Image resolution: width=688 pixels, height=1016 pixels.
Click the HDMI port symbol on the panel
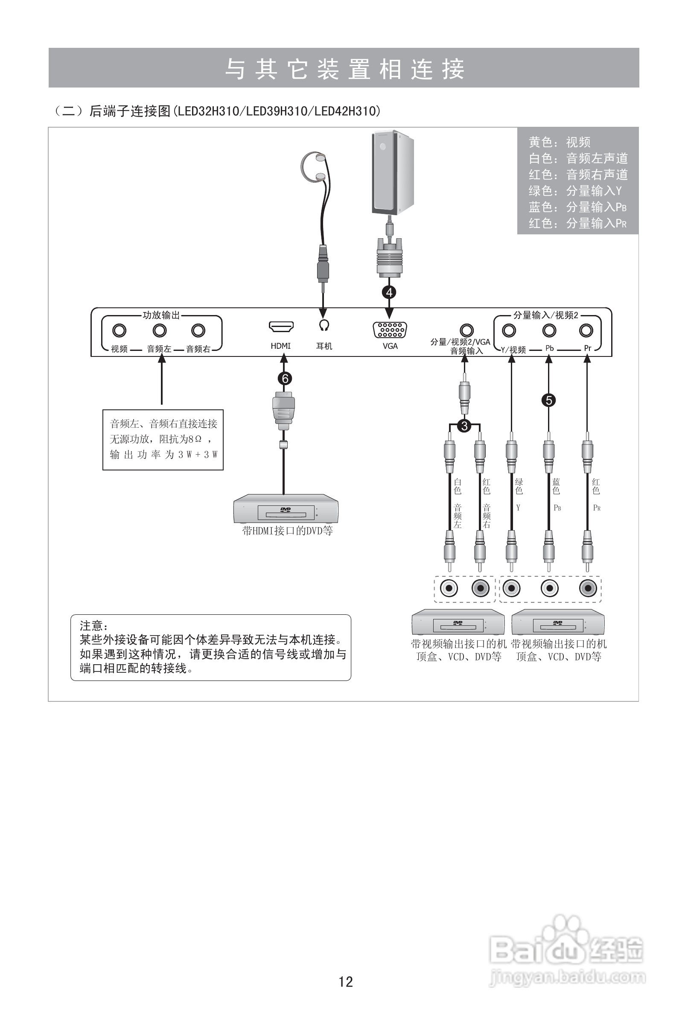click(x=280, y=327)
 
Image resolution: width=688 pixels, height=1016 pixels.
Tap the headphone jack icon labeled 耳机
click(x=324, y=325)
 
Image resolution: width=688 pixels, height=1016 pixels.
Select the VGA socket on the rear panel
click(x=390, y=330)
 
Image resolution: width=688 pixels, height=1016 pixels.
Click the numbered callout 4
click(x=389, y=292)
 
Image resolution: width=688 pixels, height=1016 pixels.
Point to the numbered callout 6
click(x=285, y=379)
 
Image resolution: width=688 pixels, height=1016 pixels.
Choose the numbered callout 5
click(x=548, y=400)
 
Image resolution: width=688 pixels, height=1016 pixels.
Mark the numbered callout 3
click(x=464, y=426)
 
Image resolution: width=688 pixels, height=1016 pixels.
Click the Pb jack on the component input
click(x=549, y=330)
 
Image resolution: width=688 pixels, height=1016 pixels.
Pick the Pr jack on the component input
click(x=586, y=330)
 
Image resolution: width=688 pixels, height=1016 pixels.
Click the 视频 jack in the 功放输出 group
click(x=119, y=330)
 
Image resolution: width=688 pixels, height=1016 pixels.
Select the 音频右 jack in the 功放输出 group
click(x=198, y=330)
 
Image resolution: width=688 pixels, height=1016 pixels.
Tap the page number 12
click(x=345, y=982)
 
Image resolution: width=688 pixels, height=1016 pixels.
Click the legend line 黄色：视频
click(x=560, y=142)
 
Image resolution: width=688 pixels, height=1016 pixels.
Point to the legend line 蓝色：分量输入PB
click(x=577, y=207)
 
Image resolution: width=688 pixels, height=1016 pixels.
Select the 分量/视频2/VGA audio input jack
click(x=466, y=330)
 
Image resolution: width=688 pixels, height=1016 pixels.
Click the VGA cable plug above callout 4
click(x=389, y=258)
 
